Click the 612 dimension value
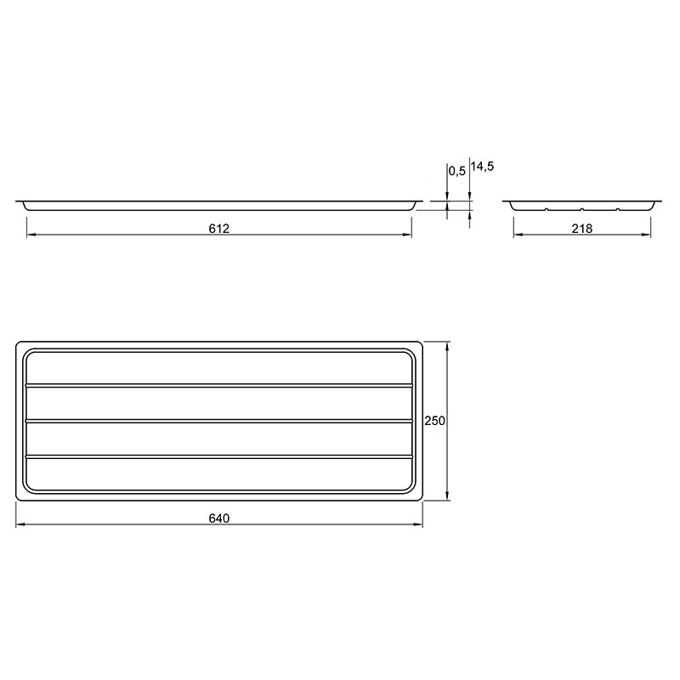(218, 228)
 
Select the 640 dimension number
(218, 518)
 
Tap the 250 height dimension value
(434, 421)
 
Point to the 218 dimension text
(581, 228)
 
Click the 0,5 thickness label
(456, 172)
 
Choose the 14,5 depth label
(482, 166)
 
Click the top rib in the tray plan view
(218, 385)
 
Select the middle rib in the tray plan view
(218, 420)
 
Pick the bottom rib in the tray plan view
(218, 456)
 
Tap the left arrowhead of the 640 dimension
(20, 524)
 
